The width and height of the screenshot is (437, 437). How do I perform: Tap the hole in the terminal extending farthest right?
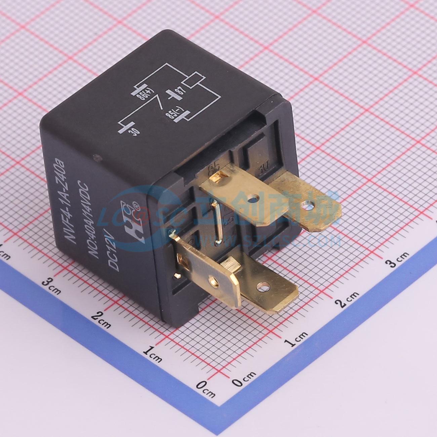pyautogui.click(x=306, y=204)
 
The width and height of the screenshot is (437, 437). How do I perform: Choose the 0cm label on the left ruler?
pyautogui.click(x=205, y=389)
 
